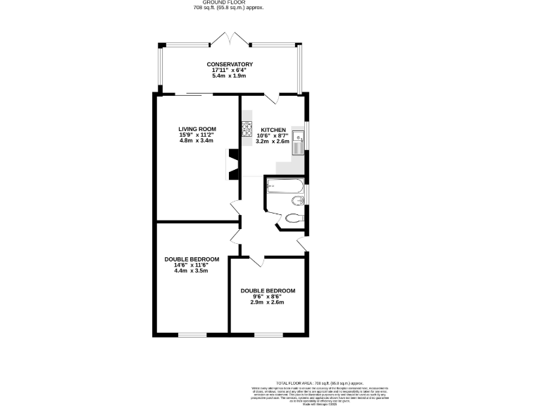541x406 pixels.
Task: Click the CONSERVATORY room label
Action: [x=230, y=64]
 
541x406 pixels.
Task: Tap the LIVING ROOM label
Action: [x=197, y=129]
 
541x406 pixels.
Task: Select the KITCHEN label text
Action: [x=273, y=130]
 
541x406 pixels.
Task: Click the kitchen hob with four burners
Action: [x=247, y=130]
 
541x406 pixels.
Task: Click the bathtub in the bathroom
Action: [x=285, y=187]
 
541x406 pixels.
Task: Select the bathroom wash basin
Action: [x=297, y=201]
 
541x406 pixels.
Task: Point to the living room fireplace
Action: [x=232, y=164]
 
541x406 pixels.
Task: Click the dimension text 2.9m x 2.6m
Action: [x=268, y=302]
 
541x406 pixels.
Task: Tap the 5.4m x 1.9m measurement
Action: [x=230, y=75]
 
